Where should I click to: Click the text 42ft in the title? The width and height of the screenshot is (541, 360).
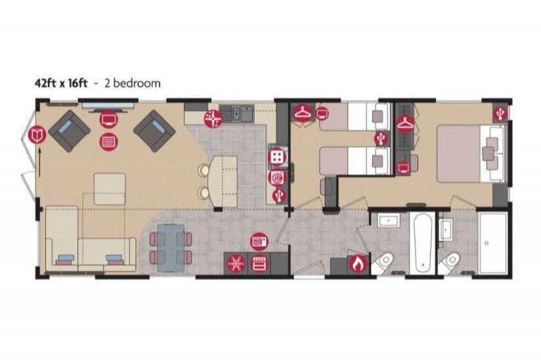(46, 83)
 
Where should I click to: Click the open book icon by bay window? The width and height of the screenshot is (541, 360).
(37, 135)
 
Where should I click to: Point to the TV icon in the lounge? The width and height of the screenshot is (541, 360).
(109, 120)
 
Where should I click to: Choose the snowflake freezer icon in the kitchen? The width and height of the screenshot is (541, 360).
(236, 264)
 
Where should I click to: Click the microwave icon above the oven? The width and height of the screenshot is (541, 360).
(259, 241)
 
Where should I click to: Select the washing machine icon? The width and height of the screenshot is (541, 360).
(277, 178)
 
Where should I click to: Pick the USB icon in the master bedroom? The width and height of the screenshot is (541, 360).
(500, 113)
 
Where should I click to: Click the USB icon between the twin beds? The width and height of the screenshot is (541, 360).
(381, 139)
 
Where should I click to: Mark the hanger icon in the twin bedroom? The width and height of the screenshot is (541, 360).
(303, 112)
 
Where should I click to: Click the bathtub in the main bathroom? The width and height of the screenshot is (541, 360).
(423, 243)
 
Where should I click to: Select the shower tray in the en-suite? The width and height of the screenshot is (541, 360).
(492, 243)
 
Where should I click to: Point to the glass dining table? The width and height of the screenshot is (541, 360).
(171, 248)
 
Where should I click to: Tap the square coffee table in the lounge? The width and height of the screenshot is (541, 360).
(110, 189)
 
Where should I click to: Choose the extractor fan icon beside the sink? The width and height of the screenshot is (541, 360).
(212, 118)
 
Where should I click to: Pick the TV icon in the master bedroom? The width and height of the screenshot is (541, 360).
(402, 168)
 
